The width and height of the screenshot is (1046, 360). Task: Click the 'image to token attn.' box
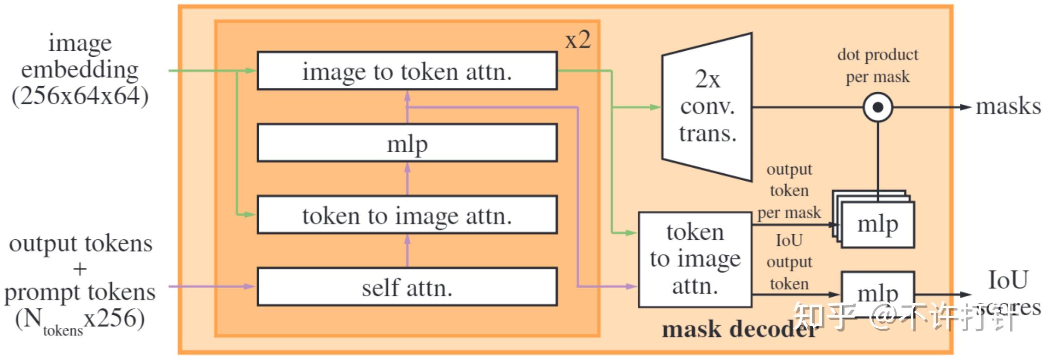407,71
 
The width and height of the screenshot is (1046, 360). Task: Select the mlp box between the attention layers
407,143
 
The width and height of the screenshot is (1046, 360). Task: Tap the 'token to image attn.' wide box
407,215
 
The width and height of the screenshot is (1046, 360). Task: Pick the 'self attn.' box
407,287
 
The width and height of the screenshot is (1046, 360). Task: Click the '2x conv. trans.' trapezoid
707,107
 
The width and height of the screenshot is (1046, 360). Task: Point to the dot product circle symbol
877,107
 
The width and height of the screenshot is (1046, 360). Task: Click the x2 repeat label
578,40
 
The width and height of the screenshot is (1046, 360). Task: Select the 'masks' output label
1008,107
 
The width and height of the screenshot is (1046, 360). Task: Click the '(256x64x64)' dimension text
80,96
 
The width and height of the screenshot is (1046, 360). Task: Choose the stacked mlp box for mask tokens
877,224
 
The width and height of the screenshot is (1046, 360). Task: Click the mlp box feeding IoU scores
877,292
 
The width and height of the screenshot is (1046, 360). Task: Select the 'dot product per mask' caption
877,65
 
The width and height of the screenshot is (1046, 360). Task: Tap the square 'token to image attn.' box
695,259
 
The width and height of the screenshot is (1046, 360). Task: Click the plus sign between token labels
80,269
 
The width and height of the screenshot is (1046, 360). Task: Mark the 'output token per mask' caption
789,191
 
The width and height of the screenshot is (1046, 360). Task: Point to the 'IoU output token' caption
789,262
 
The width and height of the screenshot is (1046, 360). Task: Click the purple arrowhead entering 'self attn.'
250,286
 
